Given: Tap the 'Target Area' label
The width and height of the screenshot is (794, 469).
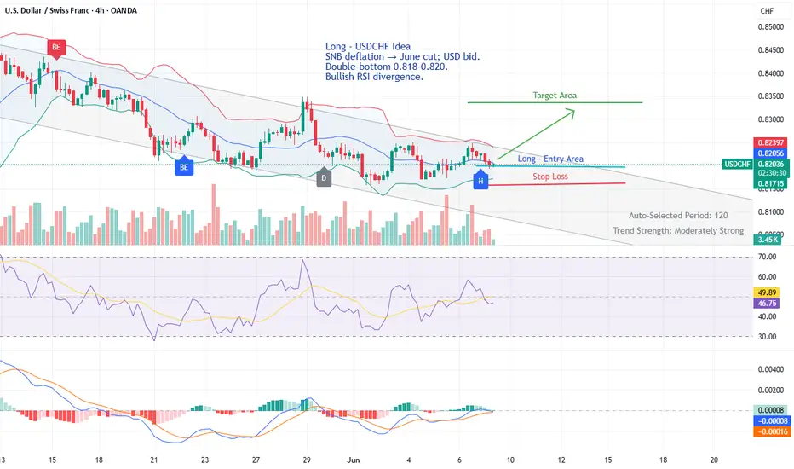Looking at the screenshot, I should [555, 95].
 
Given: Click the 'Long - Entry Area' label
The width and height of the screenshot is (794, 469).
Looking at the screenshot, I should [550, 159].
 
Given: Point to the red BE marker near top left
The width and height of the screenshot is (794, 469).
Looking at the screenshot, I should [56, 47].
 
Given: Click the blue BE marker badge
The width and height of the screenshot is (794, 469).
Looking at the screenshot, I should [183, 167].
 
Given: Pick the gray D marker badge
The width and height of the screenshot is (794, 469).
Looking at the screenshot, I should [324, 178].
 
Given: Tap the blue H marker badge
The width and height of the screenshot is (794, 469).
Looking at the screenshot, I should [480, 181].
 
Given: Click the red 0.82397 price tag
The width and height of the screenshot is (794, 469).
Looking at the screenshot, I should [769, 142].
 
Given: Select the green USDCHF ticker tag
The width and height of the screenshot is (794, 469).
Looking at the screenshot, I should [736, 164].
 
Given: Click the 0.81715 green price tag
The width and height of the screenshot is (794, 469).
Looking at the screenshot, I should [769, 183].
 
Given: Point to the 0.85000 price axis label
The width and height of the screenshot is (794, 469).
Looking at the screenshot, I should [769, 27].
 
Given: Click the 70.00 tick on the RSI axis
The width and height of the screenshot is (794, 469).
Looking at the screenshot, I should [767, 256].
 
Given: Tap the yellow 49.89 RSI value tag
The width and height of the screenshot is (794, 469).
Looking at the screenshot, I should [768, 291].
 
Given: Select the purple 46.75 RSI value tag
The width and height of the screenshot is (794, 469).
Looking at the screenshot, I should [768, 302].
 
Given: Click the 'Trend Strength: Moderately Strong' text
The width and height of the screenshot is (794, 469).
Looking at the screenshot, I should [678, 230].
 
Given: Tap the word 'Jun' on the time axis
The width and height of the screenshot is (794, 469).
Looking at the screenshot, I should [355, 459].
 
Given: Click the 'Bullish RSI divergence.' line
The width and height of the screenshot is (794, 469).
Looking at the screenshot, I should [374, 78].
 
